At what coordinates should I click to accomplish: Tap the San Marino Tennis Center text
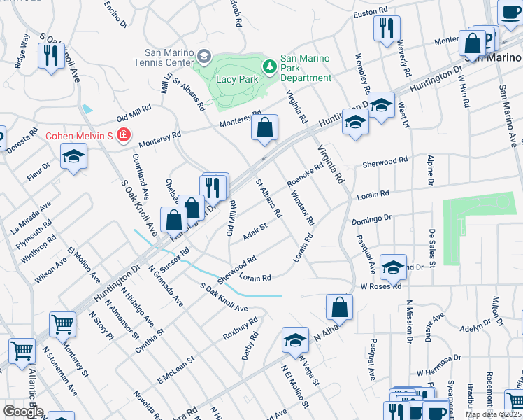click(168, 57)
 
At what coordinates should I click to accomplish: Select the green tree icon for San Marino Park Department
click(270, 66)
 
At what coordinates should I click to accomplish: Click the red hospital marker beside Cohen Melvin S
click(124, 134)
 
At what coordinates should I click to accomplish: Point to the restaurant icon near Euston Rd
click(387, 29)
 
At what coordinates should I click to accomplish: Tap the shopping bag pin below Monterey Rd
click(265, 128)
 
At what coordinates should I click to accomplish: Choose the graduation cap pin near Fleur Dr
click(73, 157)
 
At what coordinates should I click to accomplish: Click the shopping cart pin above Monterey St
click(62, 325)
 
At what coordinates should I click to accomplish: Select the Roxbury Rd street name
click(241, 328)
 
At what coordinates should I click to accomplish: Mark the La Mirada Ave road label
click(31, 217)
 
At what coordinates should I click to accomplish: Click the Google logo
click(23, 412)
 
